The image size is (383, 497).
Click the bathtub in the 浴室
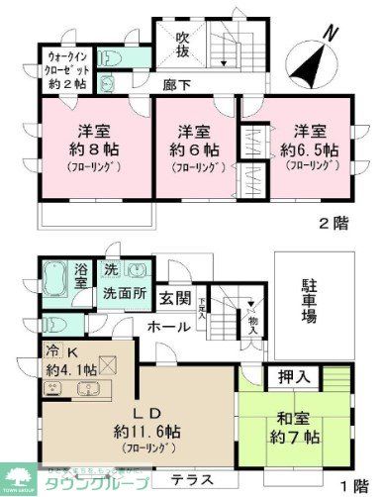55,277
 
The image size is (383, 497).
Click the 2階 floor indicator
334,223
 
